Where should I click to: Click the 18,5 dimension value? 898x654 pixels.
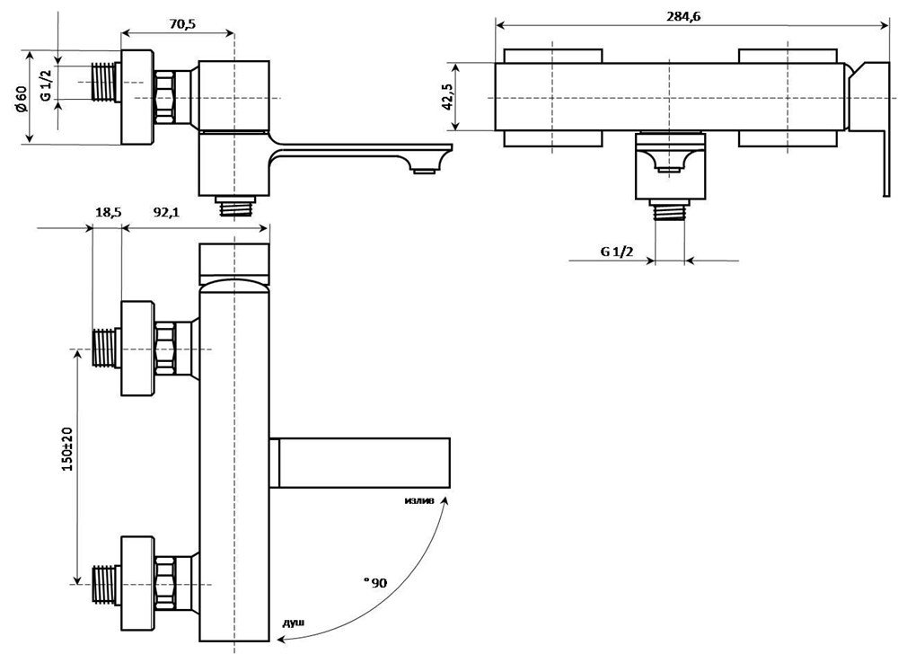[x=108, y=212]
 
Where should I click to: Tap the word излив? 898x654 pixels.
[x=420, y=501]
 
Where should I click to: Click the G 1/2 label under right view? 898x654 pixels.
[x=617, y=252]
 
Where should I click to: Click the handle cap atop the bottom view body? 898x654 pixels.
[x=233, y=261]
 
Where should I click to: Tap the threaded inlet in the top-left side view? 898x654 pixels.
[x=107, y=82]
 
